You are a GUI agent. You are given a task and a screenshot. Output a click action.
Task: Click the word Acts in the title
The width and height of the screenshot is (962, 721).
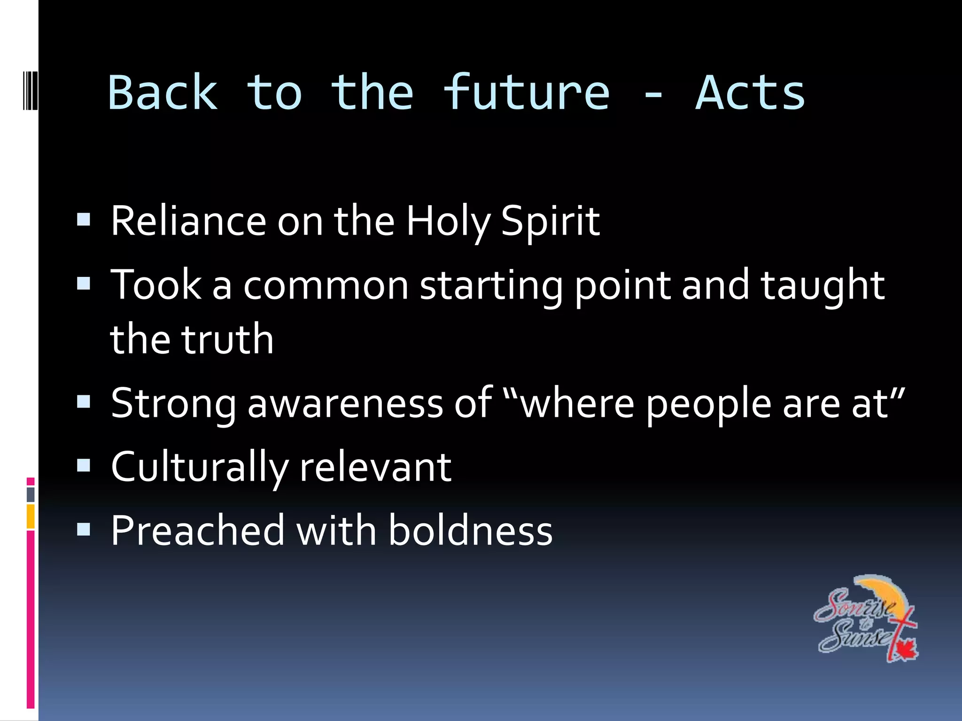tap(750, 93)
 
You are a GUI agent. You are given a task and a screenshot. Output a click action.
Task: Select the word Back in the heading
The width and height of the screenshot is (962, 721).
tap(163, 93)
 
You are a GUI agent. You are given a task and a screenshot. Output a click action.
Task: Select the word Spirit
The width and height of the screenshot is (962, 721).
tap(550, 222)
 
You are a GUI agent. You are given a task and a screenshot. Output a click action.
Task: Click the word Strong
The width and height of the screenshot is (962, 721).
tap(173, 404)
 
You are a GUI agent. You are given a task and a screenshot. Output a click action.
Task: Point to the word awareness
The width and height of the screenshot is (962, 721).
tap(345, 404)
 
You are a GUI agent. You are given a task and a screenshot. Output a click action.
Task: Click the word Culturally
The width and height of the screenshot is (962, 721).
tap(199, 468)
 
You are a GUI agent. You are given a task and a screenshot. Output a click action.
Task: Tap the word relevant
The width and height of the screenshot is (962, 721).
tap(375, 468)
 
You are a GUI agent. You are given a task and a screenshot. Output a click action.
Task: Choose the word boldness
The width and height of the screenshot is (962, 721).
tap(470, 530)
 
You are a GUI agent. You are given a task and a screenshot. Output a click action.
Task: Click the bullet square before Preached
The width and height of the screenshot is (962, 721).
tap(84, 529)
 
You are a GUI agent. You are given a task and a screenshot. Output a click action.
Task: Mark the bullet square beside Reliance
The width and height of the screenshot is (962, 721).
tap(84, 220)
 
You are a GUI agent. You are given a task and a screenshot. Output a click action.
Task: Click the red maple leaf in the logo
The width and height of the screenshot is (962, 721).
tap(904, 650)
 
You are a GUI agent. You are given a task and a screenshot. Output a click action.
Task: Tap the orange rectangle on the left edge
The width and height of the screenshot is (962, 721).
tap(31, 516)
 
